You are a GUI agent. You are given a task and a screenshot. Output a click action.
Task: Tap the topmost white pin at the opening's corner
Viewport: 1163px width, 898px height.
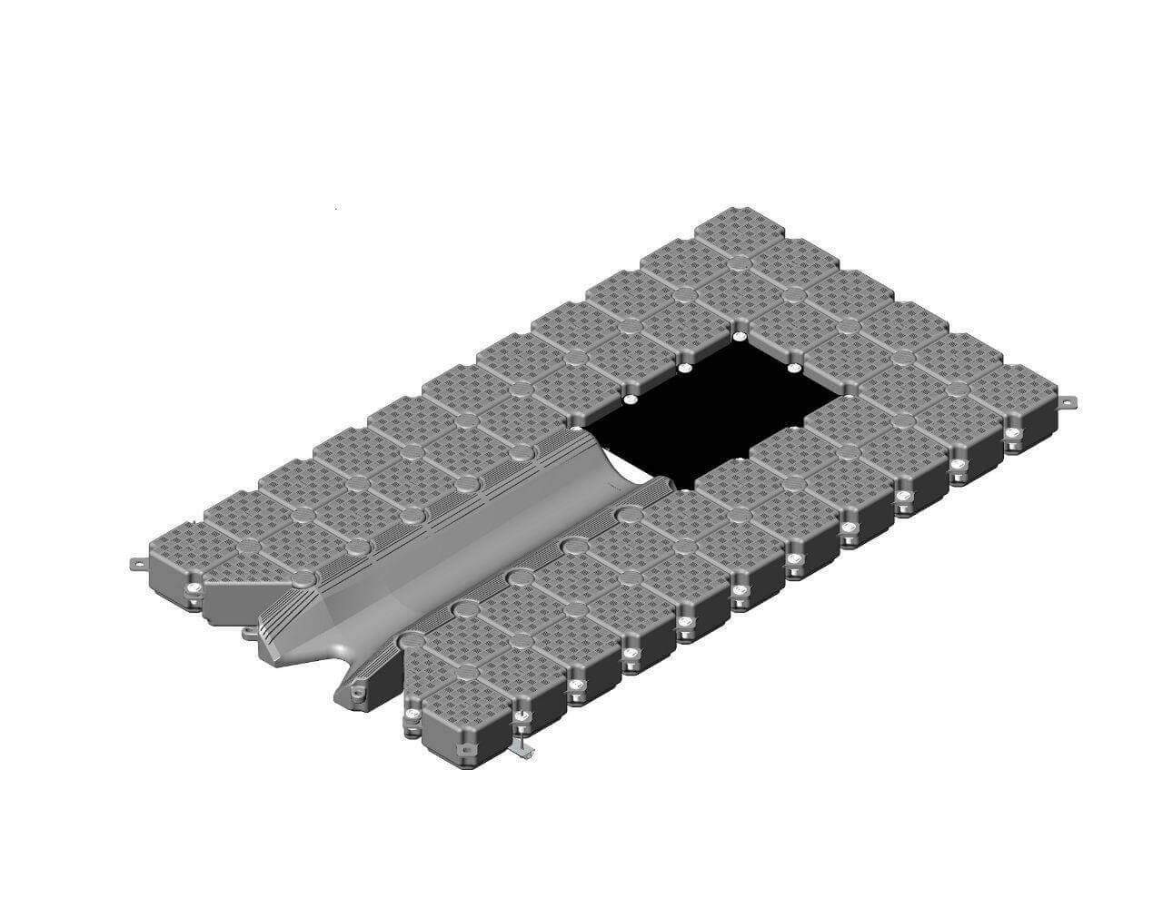tap(739, 336)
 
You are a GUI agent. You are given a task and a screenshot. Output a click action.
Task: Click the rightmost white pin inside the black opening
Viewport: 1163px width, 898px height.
tap(793, 368)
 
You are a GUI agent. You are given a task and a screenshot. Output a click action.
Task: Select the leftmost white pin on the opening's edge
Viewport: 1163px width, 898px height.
tap(629, 400)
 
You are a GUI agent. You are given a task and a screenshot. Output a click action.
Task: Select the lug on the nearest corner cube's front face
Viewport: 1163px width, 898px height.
tap(465, 750)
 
